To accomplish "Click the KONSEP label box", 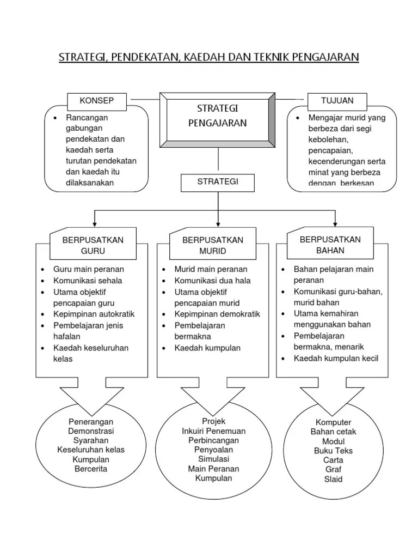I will (x=96, y=101).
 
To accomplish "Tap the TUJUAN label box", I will (x=337, y=101).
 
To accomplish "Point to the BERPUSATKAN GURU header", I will (x=93, y=245).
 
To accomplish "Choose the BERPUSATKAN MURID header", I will (x=213, y=245).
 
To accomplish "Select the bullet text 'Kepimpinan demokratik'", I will (x=217, y=314).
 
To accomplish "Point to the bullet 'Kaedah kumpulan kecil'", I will (x=336, y=358).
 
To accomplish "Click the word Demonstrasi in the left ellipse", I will (x=91, y=431).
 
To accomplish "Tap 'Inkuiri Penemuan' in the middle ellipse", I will (x=213, y=431).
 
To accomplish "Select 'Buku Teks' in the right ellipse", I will (x=333, y=451).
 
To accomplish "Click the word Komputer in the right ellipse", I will (x=333, y=422).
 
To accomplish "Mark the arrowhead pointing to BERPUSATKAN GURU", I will (x=95, y=223).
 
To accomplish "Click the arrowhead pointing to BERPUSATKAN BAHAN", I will (x=335, y=223).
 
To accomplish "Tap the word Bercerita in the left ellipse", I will (x=91, y=469).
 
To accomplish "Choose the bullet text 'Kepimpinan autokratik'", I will (x=94, y=314).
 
